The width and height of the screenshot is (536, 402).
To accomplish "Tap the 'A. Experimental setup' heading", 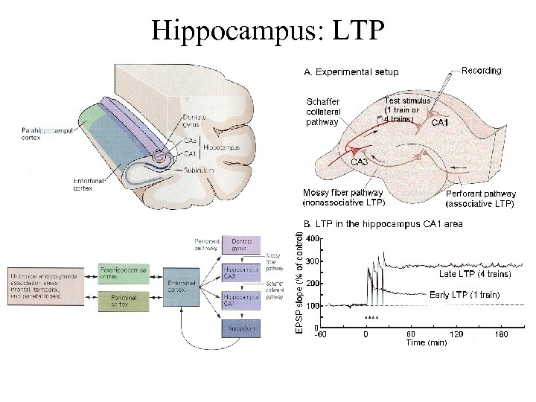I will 350,72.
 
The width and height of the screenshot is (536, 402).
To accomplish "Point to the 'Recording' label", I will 482,71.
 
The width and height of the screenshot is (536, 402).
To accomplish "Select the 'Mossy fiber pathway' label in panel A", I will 343,197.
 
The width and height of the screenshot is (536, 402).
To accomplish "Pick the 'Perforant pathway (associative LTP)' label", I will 479,198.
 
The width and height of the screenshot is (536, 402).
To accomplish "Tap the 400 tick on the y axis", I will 312,238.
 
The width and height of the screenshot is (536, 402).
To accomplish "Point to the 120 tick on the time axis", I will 456,334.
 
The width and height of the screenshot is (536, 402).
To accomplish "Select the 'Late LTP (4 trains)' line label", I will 475,274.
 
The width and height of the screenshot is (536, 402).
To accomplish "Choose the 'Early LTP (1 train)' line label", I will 465,295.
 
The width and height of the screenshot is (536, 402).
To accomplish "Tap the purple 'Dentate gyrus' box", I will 243,246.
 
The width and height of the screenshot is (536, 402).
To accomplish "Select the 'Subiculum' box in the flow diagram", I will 242,328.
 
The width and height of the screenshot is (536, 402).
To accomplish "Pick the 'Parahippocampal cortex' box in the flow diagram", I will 123,273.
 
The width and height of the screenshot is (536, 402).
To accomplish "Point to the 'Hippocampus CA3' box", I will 242,273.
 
